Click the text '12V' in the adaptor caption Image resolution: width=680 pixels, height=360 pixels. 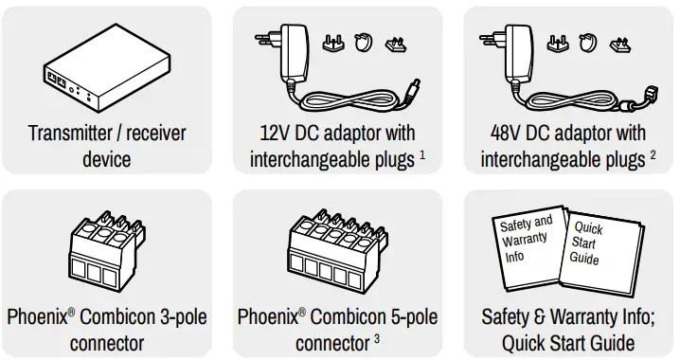pos(276,133)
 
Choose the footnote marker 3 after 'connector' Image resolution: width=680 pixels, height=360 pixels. pos(377,336)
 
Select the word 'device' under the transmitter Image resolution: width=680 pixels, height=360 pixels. pos(106,158)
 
